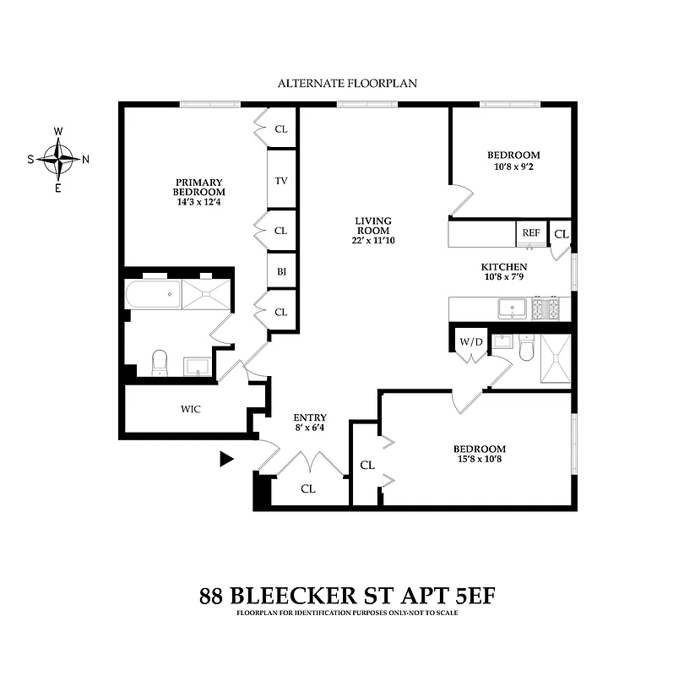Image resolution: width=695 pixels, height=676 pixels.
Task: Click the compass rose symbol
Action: (58, 157)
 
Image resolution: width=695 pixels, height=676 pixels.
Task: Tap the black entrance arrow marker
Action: (225, 459)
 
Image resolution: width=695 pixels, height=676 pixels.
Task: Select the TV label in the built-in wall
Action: (281, 180)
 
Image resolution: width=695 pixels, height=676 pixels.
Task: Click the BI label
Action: (281, 271)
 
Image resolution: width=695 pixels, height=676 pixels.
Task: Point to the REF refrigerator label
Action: (530, 232)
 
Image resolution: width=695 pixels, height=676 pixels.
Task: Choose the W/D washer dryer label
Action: (470, 342)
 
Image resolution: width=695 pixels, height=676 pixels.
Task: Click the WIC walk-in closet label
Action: (191, 409)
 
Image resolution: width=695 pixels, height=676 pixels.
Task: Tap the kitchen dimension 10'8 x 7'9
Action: (504, 278)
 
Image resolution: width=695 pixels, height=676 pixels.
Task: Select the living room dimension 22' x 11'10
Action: (372, 241)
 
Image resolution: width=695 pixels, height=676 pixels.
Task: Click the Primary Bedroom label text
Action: (198, 187)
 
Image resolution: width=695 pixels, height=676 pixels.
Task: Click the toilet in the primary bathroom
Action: (160, 363)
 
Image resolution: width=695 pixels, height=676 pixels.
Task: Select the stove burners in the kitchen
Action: (546, 308)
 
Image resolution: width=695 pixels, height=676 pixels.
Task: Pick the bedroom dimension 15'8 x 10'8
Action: (479, 460)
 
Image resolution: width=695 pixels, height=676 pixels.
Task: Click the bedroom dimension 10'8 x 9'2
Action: (513, 166)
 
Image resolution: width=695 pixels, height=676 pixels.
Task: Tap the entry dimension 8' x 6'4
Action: (309, 428)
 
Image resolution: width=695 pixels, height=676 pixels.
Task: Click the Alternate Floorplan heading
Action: (347, 84)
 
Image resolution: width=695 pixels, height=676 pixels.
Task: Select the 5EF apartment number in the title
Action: (462, 595)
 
